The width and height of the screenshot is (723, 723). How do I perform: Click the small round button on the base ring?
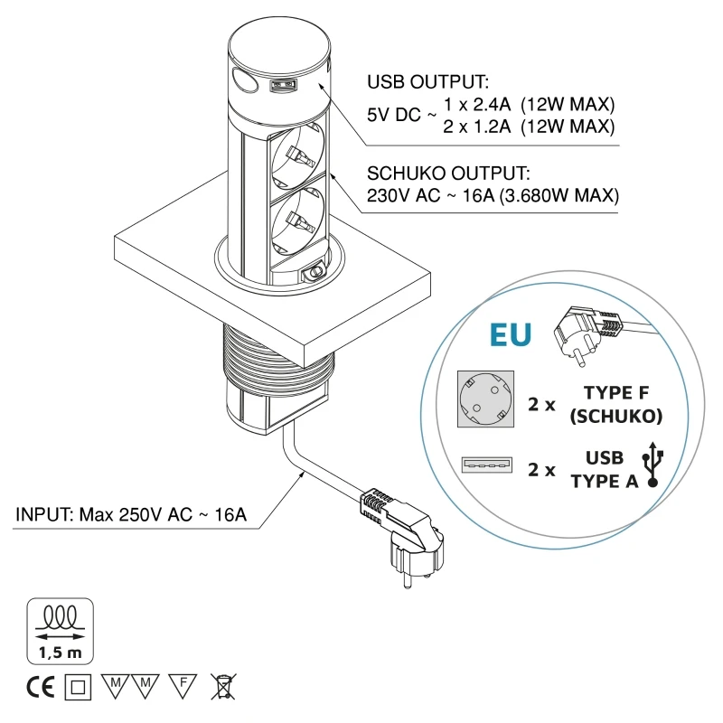(315, 270)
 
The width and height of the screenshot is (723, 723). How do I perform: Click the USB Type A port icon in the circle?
(485, 465)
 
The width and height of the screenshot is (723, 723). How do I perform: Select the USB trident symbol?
(653, 465)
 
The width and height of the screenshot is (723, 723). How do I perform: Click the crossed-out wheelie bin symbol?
(221, 687)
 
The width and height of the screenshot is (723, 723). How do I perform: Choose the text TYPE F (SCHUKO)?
(624, 404)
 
